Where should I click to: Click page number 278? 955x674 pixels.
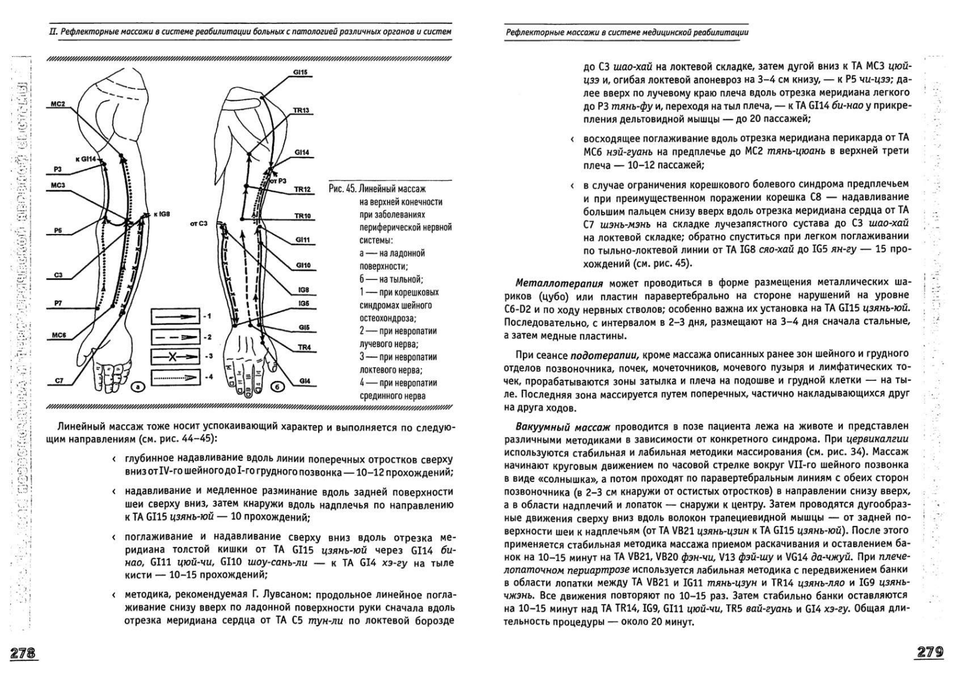coord(21,653)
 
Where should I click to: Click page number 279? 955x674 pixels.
coord(932,653)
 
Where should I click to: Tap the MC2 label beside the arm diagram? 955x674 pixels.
coord(57,104)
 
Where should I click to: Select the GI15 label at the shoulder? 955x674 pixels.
coord(300,72)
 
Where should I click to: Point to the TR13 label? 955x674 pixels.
coord(301,110)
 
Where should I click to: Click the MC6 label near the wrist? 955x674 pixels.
coord(58,336)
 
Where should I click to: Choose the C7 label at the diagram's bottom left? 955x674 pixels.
coord(58,380)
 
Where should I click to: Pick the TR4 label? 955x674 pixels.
coord(304,347)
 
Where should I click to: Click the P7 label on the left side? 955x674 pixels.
coord(58,303)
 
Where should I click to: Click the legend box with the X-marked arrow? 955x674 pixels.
coord(175,356)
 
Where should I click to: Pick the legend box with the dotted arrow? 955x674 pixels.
coord(175,377)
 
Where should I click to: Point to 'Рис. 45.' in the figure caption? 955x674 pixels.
coord(343,189)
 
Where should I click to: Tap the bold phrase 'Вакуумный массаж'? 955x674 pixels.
coord(563,426)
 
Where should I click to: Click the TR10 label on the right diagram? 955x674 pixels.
coord(302,216)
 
